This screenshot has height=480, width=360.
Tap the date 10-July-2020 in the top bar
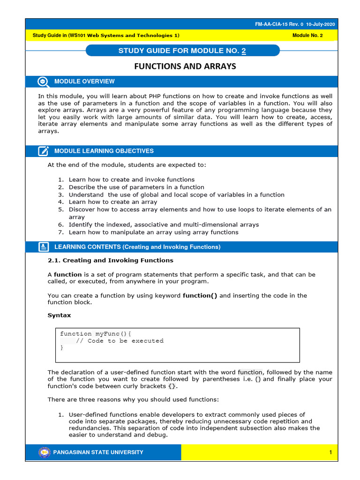point(321,24)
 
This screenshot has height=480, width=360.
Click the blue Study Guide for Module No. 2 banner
point(182,51)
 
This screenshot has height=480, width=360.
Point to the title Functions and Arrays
point(185,67)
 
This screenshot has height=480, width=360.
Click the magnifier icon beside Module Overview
point(43,82)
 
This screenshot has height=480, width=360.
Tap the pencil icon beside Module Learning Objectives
point(43,151)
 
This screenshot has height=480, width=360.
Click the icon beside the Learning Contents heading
point(43,247)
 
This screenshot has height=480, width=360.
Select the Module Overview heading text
point(84,82)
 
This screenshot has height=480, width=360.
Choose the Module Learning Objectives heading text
point(104,151)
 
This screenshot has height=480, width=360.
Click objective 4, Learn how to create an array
point(113,202)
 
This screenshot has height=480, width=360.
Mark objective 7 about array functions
point(153,232)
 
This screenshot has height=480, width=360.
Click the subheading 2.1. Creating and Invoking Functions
point(110,260)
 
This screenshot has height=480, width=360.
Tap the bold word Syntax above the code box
point(59,315)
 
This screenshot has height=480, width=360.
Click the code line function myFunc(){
point(96,334)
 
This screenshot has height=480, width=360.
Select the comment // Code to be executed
point(120,341)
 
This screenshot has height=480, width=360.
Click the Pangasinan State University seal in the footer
point(44,452)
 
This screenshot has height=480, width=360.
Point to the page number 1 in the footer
point(330,452)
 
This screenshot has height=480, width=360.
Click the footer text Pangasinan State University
point(99,452)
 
